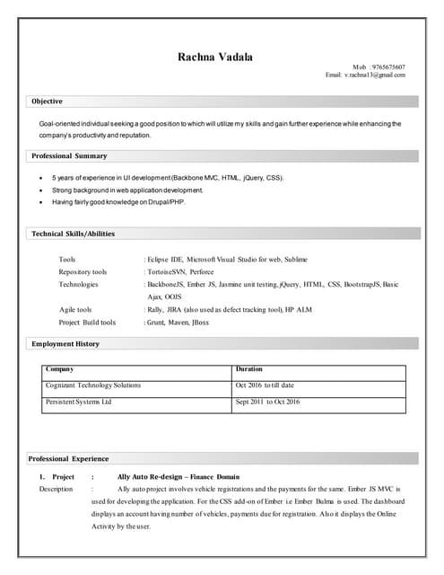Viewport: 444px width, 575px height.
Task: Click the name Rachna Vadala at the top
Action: coord(214,57)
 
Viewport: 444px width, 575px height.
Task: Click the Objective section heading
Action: coord(48,102)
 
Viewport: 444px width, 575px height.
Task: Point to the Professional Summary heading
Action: coord(69,156)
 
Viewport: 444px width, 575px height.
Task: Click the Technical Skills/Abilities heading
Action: coord(74,234)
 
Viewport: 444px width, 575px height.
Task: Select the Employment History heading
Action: coord(65,344)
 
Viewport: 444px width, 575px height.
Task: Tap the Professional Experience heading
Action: coord(70,459)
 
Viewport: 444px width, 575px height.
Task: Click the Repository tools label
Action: coord(83,271)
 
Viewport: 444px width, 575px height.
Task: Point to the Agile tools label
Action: coord(75,309)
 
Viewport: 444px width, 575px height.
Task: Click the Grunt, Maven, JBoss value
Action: coord(178,322)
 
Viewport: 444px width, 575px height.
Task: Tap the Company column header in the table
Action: coord(60,369)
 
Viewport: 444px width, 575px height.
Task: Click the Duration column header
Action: coord(248,369)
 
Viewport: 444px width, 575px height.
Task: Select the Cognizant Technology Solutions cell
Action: coord(93,385)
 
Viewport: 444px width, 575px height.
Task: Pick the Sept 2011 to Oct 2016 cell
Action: coord(267,402)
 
